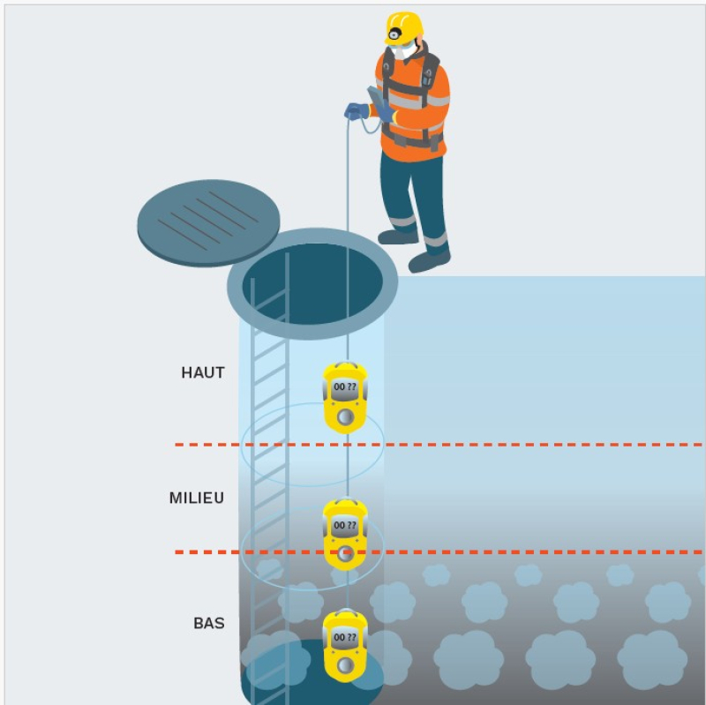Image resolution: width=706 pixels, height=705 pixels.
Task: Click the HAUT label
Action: click(203, 372)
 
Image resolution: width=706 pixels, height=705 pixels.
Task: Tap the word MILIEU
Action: click(197, 498)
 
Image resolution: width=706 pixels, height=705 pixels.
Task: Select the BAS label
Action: click(209, 623)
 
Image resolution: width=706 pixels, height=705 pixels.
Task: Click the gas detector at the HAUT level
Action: click(345, 398)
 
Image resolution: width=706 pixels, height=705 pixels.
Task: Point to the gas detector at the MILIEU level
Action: click(345, 535)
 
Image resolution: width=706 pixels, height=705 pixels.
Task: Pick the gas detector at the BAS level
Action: click(345, 646)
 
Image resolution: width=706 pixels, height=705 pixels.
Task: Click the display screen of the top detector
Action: click(345, 386)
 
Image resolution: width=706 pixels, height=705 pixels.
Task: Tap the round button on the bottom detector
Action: click(345, 664)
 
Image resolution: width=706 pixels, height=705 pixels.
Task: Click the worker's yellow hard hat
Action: click(404, 28)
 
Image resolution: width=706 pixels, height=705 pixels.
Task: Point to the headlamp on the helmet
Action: click(394, 33)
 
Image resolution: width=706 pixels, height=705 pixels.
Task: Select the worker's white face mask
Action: click(404, 52)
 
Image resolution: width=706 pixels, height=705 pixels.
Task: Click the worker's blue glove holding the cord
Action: click(357, 111)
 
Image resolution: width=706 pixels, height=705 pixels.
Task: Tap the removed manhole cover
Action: click(208, 222)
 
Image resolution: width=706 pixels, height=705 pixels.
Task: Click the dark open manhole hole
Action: click(312, 282)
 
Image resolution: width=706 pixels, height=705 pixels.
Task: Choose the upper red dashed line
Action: click(439, 445)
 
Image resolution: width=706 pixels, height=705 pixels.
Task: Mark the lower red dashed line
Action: click(439, 552)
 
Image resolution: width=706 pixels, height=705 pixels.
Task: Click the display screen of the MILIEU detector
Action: click(345, 525)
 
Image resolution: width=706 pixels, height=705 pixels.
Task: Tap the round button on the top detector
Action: click(345, 416)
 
